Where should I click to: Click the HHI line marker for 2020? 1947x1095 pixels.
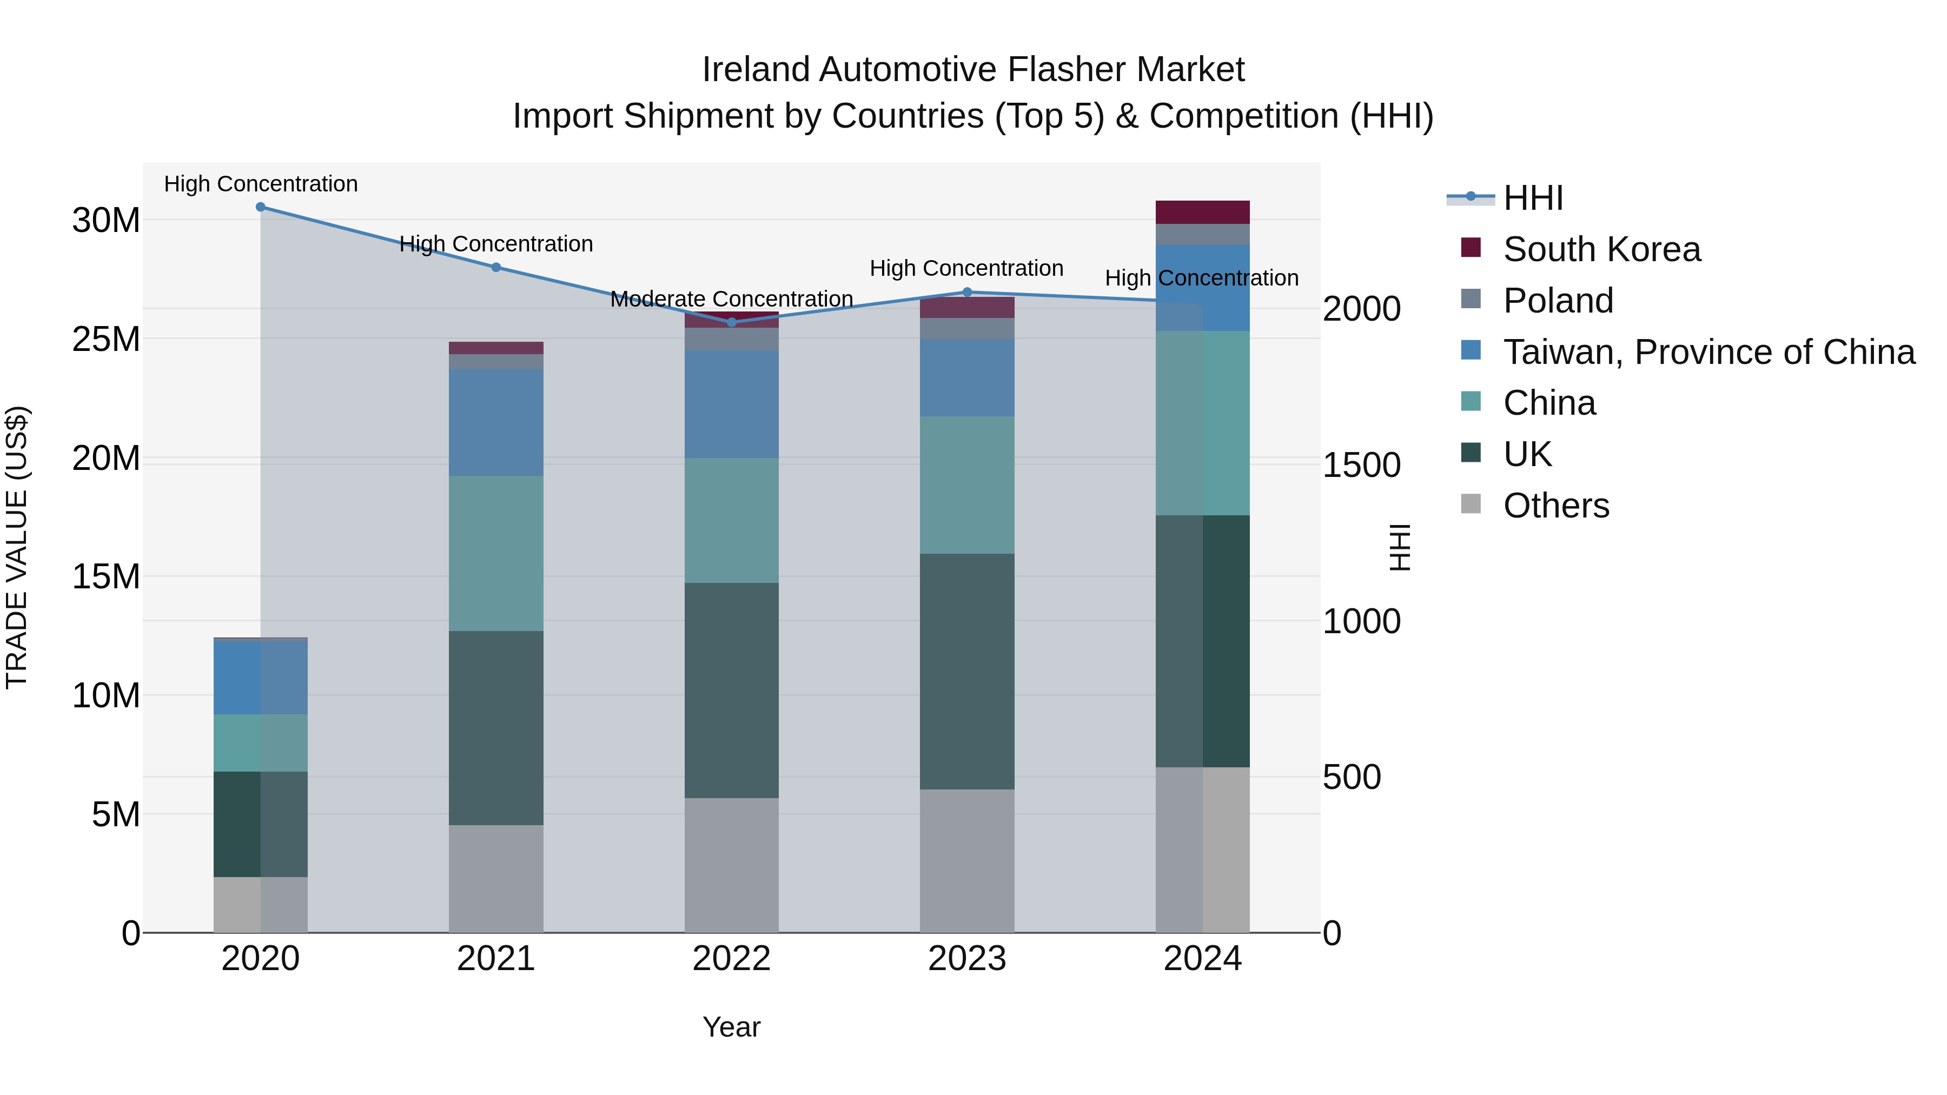point(261,207)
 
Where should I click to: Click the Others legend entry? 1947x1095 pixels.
point(1555,506)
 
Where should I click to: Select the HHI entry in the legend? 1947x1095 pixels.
point(1532,198)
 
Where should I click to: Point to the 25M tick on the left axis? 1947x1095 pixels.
point(106,339)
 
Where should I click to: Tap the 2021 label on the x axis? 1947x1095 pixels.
point(496,959)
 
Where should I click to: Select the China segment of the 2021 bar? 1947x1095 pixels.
point(496,553)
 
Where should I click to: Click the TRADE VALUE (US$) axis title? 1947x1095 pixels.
point(17,547)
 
